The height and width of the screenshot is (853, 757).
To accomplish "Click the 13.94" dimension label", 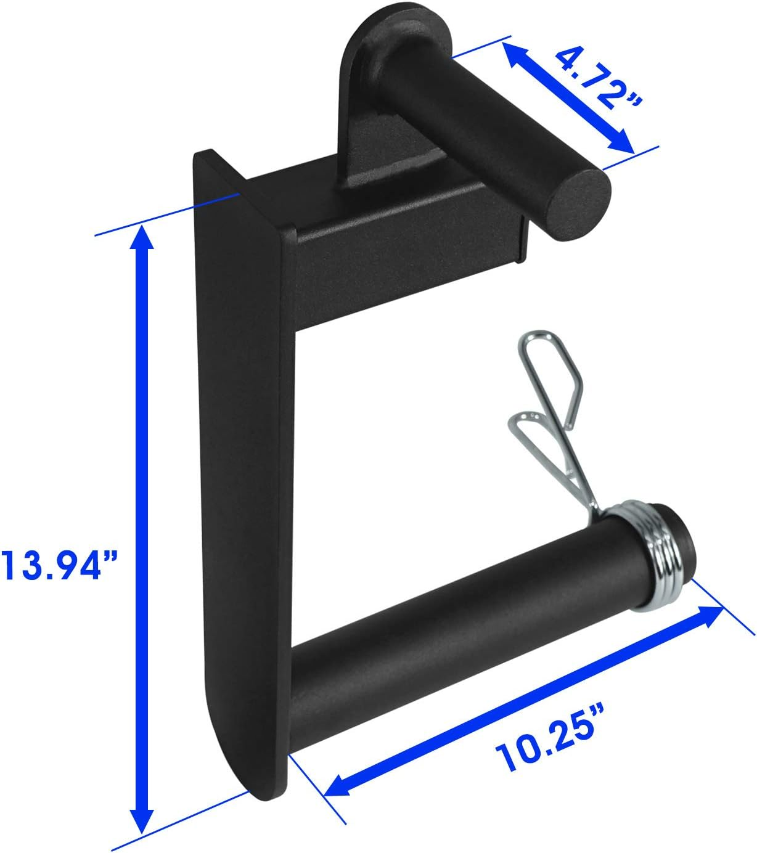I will click(x=59, y=565).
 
